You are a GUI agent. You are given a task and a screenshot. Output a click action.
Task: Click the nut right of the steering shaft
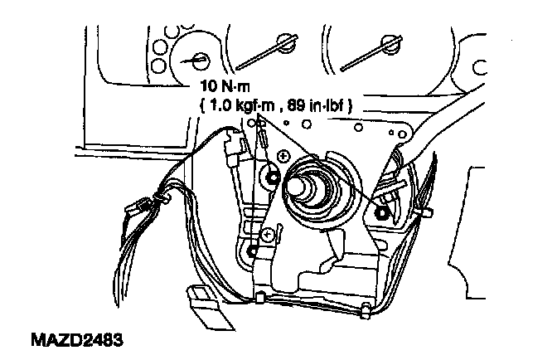(383, 212)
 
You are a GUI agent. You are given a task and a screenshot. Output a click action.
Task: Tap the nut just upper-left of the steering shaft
(274, 176)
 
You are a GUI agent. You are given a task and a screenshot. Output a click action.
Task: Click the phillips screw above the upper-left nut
(283, 155)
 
